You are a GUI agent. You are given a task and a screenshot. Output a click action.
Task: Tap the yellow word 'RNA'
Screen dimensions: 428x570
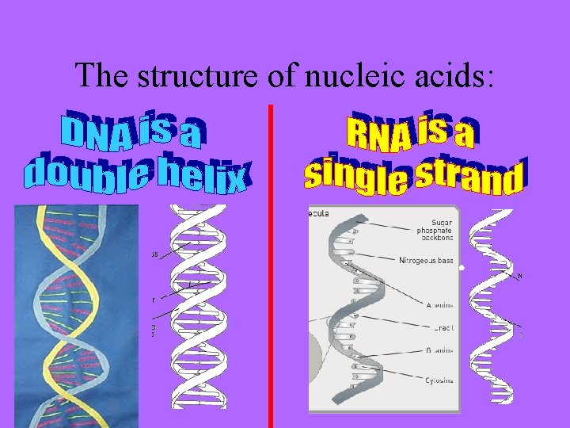point(378,135)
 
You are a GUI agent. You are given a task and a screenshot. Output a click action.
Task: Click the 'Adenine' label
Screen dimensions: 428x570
point(439,304)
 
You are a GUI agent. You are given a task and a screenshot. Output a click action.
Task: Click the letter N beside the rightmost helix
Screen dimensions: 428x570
point(519,277)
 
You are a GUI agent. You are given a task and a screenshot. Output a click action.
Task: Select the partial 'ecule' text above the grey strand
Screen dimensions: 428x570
point(320,213)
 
